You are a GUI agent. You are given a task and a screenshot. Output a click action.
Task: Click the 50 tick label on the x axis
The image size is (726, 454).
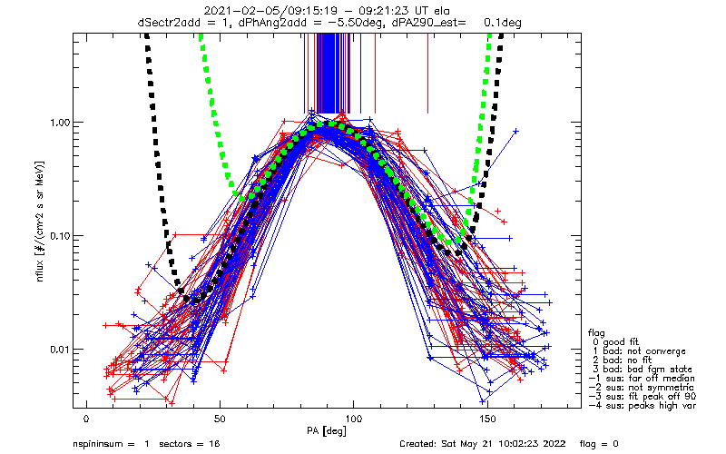(x=220, y=419)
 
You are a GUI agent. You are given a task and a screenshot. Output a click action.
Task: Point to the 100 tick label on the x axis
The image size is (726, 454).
(x=353, y=419)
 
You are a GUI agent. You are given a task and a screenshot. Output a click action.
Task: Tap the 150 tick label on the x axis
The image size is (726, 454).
(x=487, y=419)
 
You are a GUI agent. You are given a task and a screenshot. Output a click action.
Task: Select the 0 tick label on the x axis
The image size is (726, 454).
(x=86, y=419)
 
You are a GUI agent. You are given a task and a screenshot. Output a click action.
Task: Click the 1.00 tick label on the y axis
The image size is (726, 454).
(x=60, y=123)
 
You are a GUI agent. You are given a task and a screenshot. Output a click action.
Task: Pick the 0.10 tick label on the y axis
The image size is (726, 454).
(x=60, y=236)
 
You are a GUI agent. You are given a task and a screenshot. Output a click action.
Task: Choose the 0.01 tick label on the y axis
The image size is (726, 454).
(x=60, y=350)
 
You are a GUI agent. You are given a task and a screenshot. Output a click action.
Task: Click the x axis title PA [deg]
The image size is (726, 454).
(x=327, y=431)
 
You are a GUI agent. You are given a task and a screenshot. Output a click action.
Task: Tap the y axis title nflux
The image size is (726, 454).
(x=40, y=269)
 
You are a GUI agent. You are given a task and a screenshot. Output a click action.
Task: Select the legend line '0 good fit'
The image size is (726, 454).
(x=615, y=342)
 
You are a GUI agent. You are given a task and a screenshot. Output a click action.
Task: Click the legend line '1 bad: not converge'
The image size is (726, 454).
(x=639, y=351)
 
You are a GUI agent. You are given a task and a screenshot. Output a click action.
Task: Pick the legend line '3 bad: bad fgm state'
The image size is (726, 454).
(x=643, y=370)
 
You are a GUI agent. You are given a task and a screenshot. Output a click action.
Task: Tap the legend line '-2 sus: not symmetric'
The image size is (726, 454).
(x=642, y=388)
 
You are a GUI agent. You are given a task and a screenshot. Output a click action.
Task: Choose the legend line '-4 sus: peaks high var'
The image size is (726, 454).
(x=643, y=406)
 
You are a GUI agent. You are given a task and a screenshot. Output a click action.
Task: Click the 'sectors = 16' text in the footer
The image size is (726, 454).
(x=190, y=444)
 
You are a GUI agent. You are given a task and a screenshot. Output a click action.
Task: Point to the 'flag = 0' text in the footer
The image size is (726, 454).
(x=599, y=444)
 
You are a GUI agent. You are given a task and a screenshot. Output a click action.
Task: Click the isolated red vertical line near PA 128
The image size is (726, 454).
(x=427, y=74)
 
